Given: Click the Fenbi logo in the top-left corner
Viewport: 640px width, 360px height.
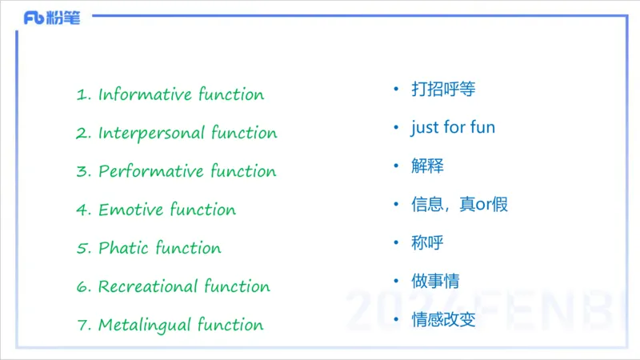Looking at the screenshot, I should (x=52, y=18).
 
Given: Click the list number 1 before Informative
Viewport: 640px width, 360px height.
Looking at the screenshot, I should (x=81, y=94).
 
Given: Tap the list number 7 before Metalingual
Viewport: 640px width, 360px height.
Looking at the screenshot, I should (x=81, y=325).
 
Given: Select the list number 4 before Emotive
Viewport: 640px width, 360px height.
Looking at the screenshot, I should (x=81, y=210).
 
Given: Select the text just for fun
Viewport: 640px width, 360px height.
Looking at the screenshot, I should (x=453, y=127).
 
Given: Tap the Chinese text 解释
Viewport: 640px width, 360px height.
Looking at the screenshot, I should (x=427, y=166).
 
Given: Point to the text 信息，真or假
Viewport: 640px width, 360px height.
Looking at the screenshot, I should (x=459, y=204).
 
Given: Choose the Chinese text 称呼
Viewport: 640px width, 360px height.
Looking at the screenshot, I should (x=427, y=242).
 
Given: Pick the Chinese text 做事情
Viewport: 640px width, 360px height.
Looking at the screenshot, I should (x=435, y=281).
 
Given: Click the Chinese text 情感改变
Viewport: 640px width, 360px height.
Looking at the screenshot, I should (x=443, y=319).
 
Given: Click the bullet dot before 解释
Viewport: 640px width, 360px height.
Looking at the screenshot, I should (x=396, y=165).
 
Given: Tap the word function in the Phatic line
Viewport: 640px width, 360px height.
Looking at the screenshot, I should (x=189, y=248).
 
